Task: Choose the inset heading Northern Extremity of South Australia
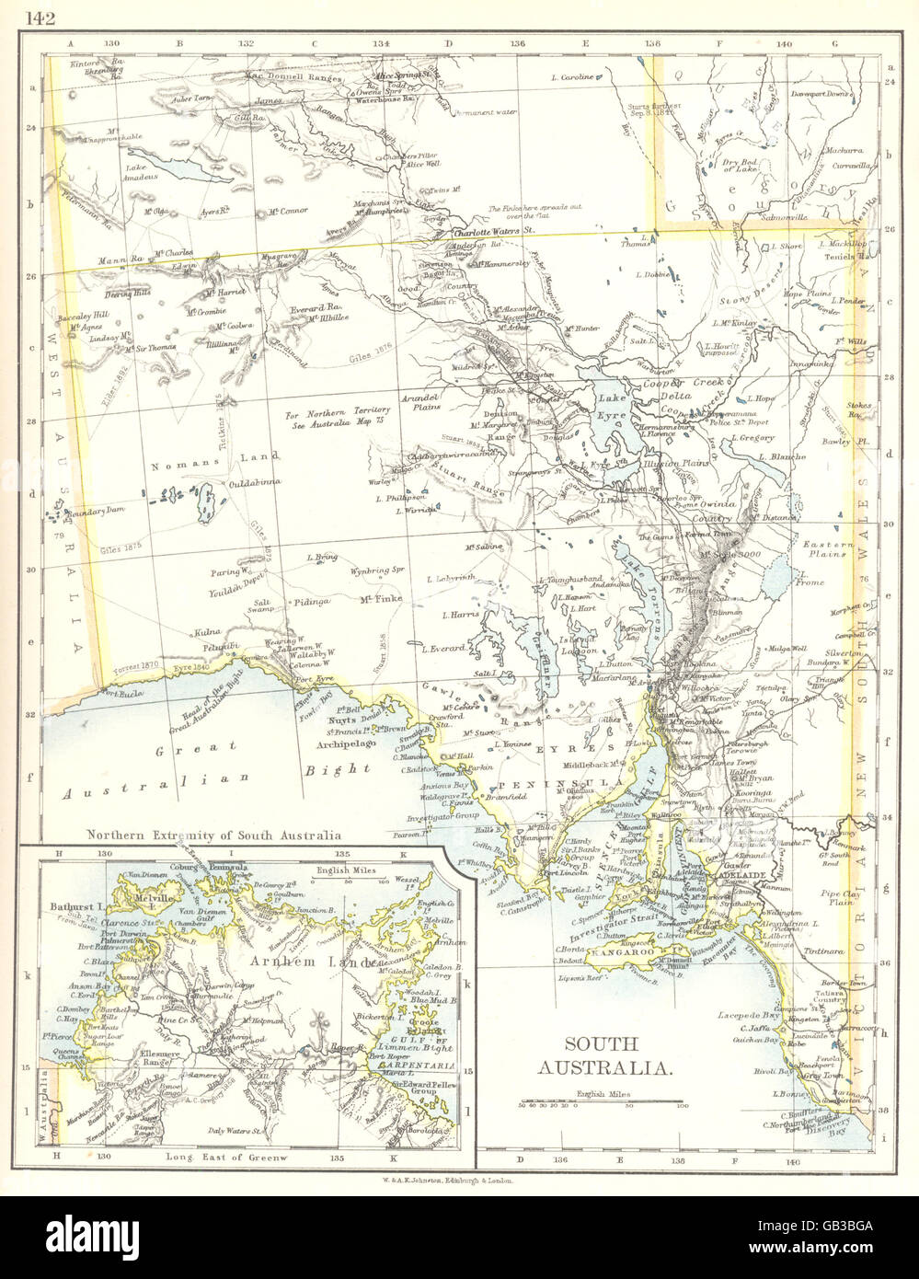(x=213, y=835)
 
